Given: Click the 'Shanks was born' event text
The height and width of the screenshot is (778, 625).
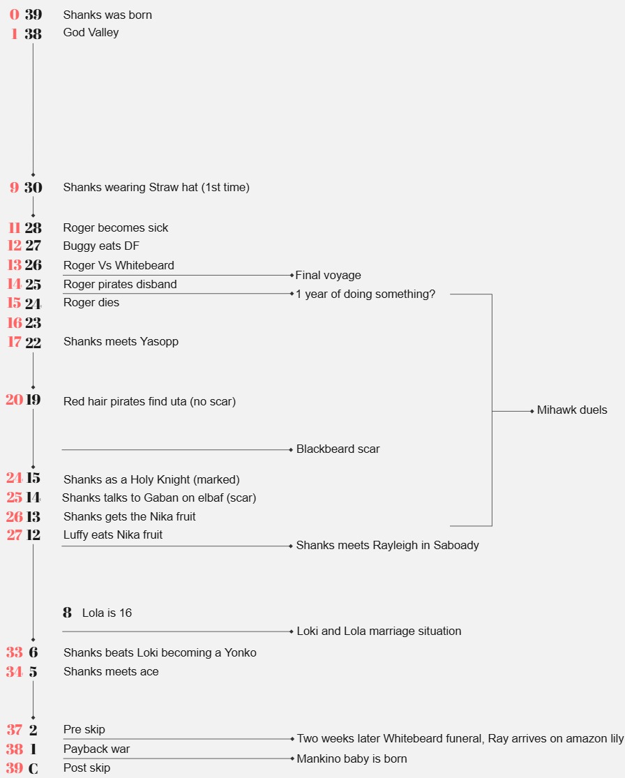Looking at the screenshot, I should click(107, 15).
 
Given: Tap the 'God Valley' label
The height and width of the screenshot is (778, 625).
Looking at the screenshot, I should click(91, 32).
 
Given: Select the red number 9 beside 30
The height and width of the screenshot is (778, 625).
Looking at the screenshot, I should click(14, 187).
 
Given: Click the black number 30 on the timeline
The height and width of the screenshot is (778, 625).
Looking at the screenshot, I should click(33, 187).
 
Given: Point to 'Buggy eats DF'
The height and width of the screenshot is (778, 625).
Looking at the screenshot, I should click(101, 246).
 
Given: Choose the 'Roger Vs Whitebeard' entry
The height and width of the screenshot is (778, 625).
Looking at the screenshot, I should click(119, 265).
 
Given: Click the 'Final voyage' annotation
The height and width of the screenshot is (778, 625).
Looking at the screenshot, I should click(328, 275).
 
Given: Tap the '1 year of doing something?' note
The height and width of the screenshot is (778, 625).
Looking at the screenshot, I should click(366, 294).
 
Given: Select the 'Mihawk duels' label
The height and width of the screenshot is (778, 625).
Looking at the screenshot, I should click(572, 410).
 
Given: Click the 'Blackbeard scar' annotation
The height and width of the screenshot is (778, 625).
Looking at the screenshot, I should click(338, 449).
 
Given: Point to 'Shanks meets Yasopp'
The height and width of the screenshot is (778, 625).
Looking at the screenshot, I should click(121, 341).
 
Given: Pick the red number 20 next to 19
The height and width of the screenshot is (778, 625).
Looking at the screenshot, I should click(14, 400).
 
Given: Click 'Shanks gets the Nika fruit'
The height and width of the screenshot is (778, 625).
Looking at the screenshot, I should click(129, 516).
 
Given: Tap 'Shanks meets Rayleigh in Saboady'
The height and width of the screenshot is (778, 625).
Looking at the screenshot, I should click(387, 545).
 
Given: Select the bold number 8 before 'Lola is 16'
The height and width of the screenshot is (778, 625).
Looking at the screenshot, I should click(67, 613).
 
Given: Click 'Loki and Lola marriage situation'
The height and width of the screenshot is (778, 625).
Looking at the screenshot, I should click(379, 631).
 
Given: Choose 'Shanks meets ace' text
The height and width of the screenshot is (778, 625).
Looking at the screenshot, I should click(111, 671).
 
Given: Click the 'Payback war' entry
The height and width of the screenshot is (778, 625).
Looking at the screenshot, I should click(96, 749).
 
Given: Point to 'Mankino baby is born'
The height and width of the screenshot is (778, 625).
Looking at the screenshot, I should click(352, 758).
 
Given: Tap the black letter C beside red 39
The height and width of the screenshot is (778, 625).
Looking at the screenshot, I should click(33, 768).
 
